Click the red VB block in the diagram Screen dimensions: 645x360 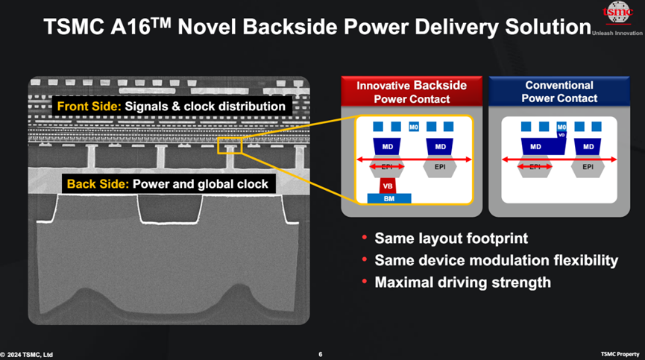(387, 185)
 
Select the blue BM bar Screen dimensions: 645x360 (388, 198)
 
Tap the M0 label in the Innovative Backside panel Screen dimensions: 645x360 (414, 127)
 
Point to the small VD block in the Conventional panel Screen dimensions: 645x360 (561, 135)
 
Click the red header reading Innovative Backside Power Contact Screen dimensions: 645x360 (411, 91)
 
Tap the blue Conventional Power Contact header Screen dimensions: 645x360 (559, 91)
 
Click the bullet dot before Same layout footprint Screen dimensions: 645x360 (363, 239)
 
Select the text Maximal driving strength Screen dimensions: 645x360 (462, 282)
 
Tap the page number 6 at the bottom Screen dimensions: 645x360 (320, 353)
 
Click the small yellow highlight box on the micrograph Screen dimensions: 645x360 (229, 145)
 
